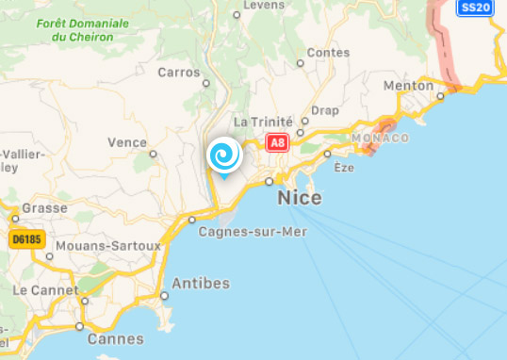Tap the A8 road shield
click(277, 143)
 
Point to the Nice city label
click(300, 198)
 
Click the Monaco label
click(381, 138)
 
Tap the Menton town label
click(408, 86)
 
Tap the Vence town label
click(127, 142)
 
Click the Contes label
click(328, 53)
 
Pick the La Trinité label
click(264, 122)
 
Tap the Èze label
click(343, 167)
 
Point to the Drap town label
click(324, 110)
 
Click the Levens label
click(263, 6)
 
